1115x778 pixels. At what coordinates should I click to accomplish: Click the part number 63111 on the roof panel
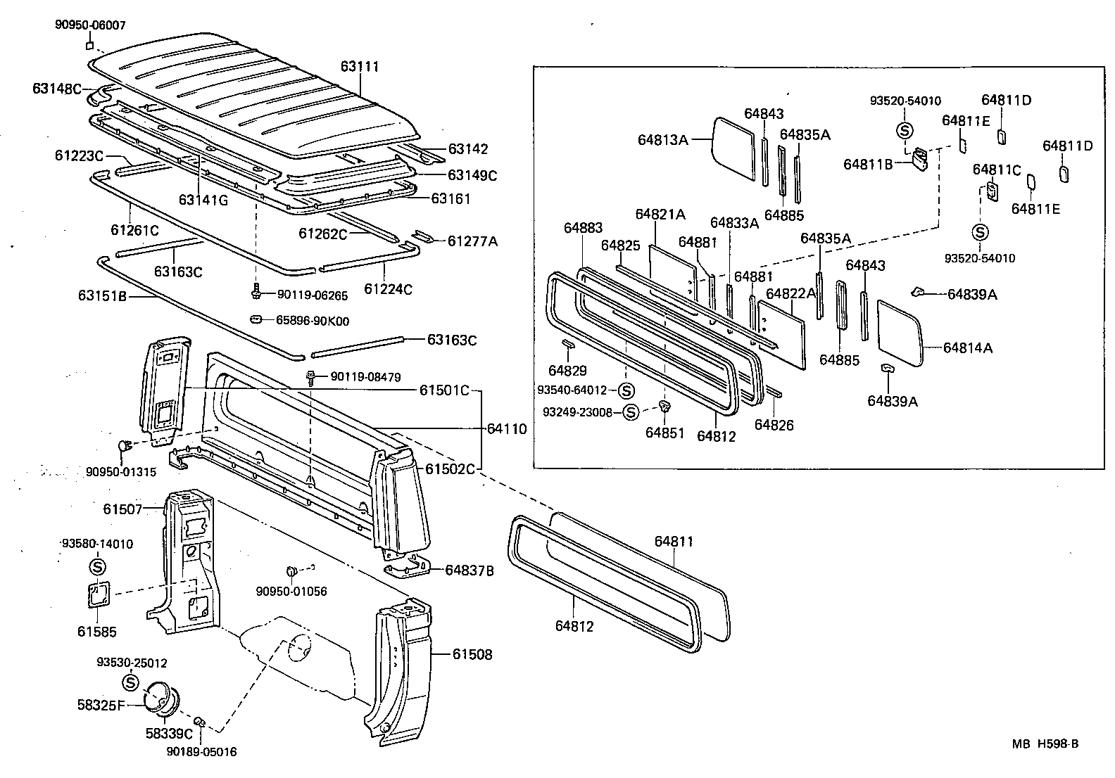(x=360, y=67)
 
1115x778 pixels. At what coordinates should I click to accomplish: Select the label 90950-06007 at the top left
(x=90, y=25)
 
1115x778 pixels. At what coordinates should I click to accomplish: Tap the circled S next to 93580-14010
(x=97, y=566)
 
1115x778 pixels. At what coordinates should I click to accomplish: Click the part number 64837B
(x=469, y=570)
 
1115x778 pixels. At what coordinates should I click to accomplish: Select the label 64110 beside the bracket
(x=507, y=428)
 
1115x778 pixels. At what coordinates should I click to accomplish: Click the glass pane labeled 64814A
(x=900, y=333)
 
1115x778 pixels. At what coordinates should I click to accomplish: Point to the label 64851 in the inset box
(x=664, y=432)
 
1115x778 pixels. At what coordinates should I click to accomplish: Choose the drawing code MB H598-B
(x=1045, y=744)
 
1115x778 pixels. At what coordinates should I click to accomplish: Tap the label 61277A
(x=472, y=241)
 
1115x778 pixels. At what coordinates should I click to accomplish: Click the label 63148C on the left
(x=57, y=88)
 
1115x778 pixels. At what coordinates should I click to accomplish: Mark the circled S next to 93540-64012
(x=626, y=390)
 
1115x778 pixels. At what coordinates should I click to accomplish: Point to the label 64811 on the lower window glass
(x=674, y=541)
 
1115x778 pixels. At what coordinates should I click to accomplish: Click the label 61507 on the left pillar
(x=122, y=508)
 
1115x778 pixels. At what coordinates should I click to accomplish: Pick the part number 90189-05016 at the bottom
(x=201, y=752)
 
